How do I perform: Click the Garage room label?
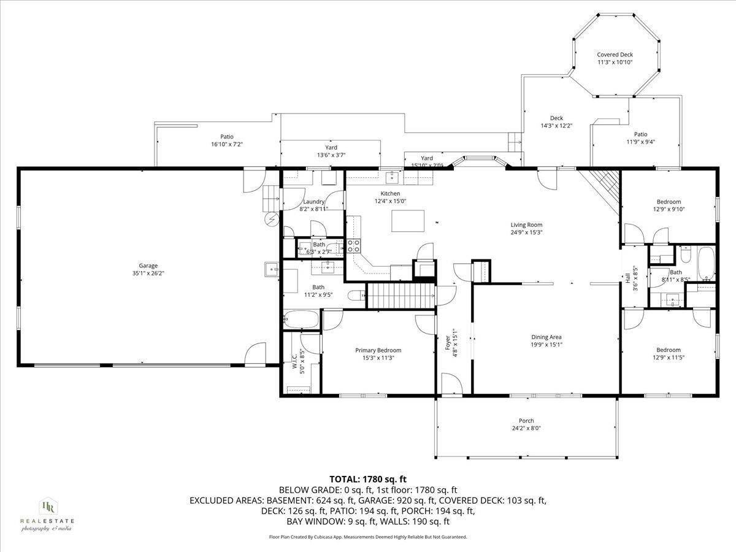click(148, 265)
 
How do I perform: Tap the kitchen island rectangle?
click(408, 221)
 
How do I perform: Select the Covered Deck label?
click(615, 55)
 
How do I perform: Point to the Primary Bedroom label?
click(378, 350)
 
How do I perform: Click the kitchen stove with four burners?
click(355, 246)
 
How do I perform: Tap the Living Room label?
click(526, 224)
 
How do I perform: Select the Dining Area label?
click(546, 337)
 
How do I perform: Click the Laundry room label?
click(313, 202)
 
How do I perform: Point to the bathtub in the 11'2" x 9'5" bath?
click(301, 320)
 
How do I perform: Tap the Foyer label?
click(448, 341)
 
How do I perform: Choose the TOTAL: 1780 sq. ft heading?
click(368, 479)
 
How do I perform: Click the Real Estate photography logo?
click(47, 514)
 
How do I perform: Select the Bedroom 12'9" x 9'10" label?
click(669, 202)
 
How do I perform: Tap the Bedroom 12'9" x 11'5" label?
click(669, 350)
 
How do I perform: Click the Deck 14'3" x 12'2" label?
click(556, 118)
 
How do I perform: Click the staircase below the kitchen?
click(400, 296)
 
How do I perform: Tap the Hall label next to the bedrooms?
click(628, 280)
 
